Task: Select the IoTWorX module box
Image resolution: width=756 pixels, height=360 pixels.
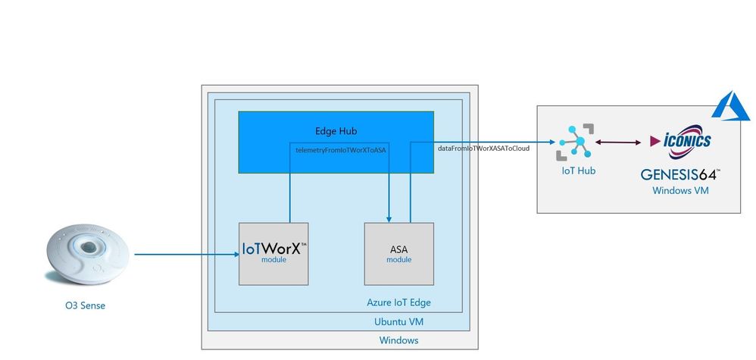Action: [x=273, y=254]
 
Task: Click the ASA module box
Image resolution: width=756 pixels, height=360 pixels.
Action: [x=399, y=254]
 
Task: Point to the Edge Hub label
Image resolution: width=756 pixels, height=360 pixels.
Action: [x=336, y=131]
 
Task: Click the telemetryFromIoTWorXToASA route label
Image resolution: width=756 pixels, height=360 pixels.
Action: [x=340, y=150]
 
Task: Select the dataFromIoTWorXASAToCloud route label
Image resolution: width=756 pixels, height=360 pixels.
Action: [x=483, y=149]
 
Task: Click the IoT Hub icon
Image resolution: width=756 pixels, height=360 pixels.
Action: [x=576, y=142]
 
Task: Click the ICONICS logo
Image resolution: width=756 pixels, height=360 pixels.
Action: [x=679, y=141]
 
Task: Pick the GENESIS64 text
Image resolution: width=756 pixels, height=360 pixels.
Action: [x=679, y=174]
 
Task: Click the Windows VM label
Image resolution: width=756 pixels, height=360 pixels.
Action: [x=680, y=191]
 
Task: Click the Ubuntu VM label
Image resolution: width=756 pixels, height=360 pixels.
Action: [x=398, y=322]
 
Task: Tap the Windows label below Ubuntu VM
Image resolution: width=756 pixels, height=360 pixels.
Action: [x=398, y=340]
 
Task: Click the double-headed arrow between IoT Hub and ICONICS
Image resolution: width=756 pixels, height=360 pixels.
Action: [x=620, y=142]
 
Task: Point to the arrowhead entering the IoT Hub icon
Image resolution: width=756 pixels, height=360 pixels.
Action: [x=552, y=142]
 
